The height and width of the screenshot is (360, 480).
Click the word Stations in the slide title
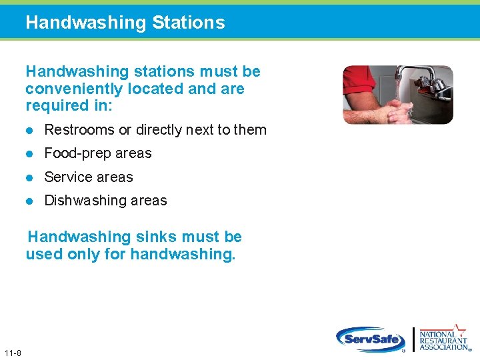188,23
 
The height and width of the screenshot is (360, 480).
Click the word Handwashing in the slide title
85,23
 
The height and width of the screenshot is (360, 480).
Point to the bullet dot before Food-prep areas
29,153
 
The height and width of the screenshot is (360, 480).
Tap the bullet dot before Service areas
29,177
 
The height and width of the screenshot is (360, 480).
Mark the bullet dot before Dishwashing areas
29,201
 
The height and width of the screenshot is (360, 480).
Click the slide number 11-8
12,353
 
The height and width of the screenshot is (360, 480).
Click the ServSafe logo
370,339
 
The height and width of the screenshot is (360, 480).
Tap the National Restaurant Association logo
443,338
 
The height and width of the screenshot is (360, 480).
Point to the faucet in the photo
413,75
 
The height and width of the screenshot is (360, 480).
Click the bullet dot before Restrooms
29,130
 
